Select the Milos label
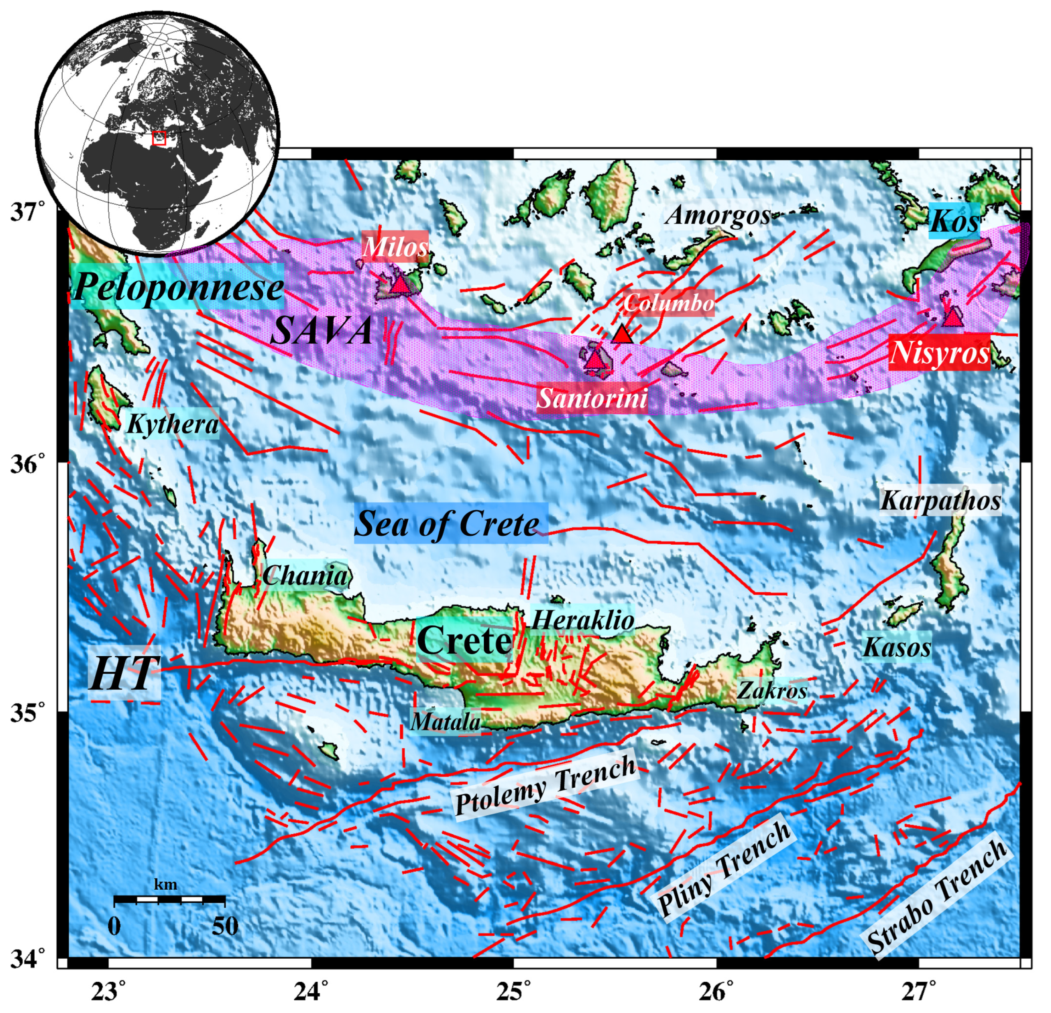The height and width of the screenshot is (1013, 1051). coord(395,247)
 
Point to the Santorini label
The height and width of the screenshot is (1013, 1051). coord(593,398)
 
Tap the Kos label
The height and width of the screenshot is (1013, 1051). coord(954,220)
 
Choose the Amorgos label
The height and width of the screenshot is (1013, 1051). coord(718,215)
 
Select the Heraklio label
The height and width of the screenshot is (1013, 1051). coord(583,620)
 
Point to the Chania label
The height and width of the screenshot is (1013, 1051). coord(305,576)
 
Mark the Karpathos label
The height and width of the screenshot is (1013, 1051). coord(940,500)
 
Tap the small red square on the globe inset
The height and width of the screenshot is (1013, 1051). coord(159,138)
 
